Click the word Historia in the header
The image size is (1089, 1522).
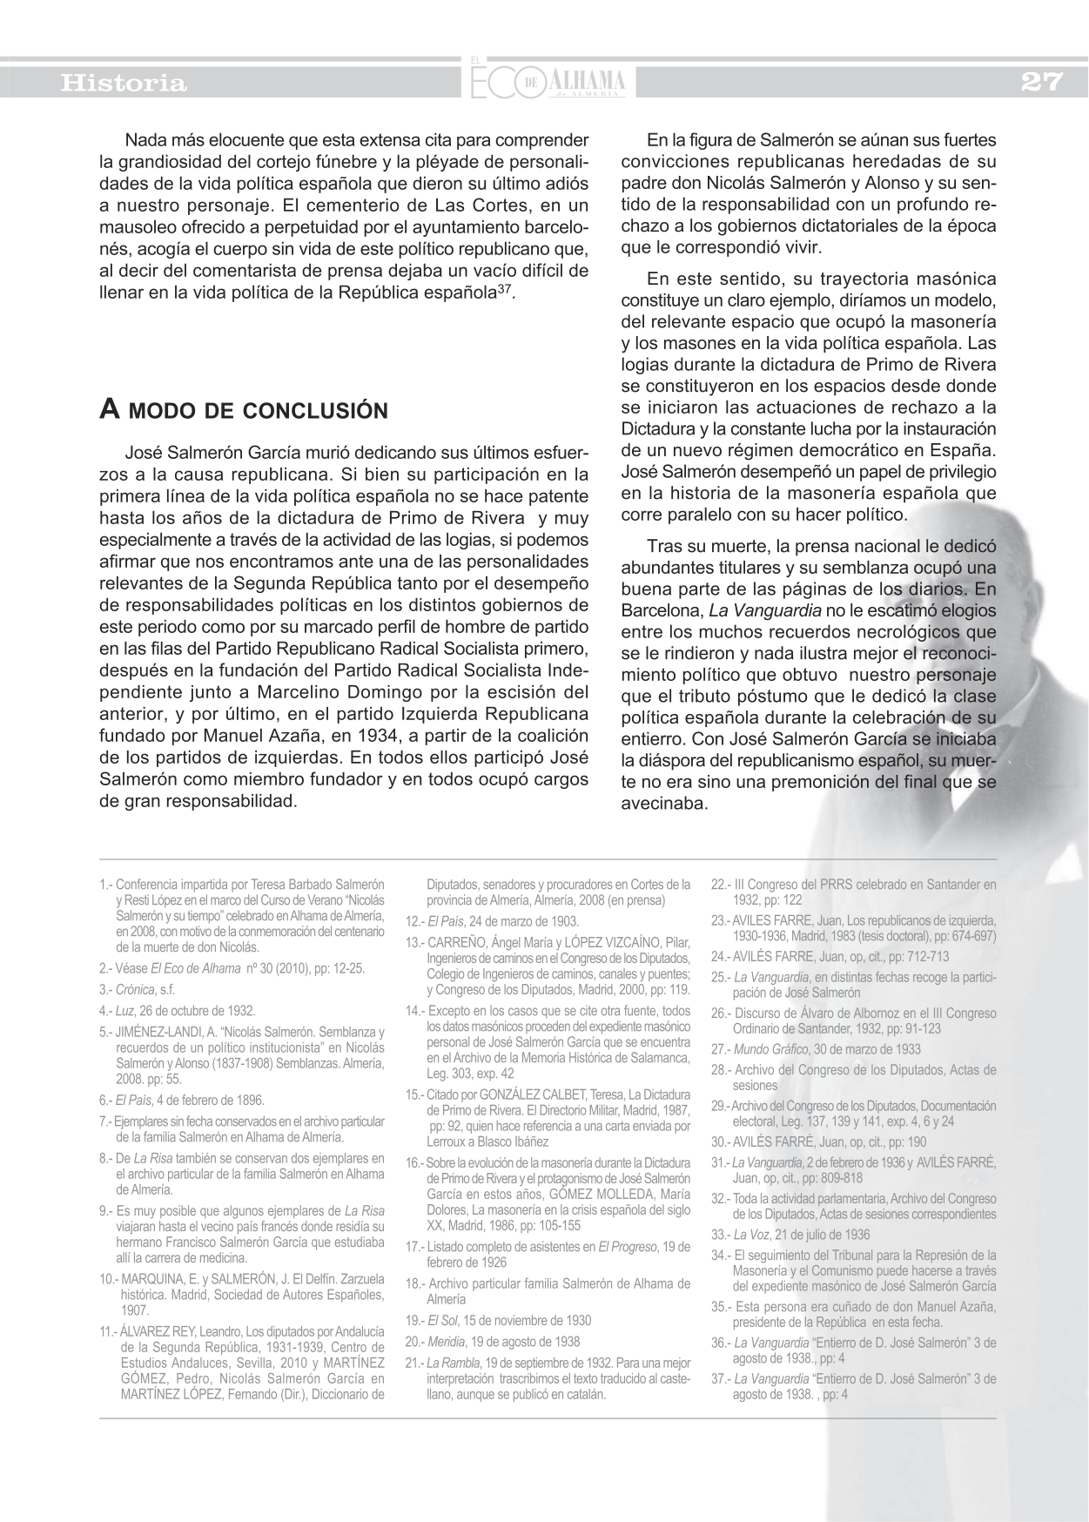coord(123,84)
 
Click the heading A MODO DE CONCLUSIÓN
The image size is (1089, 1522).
coord(244,410)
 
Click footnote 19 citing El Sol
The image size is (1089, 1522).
coord(498,1320)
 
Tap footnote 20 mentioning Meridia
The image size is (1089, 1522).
coord(493,1342)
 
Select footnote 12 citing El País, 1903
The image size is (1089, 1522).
coord(492,921)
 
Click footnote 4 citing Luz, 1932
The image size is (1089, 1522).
coord(178,1011)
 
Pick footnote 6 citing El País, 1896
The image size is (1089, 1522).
coord(182,1100)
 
